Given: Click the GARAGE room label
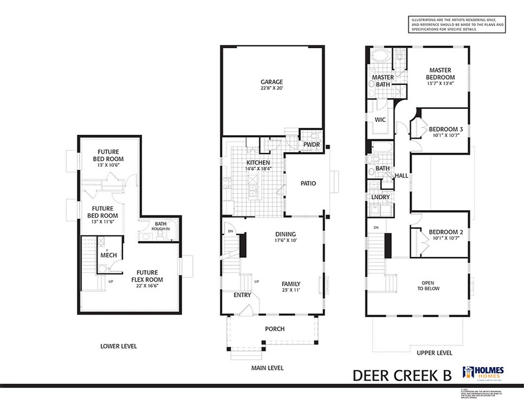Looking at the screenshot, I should (272, 82).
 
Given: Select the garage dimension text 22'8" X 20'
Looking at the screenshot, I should (272, 88).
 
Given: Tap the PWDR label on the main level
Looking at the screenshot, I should (311, 145).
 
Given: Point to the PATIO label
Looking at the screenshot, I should (308, 184).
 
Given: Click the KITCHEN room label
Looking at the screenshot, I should (258, 162).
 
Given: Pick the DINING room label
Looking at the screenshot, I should (285, 234).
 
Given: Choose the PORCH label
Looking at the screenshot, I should (274, 329).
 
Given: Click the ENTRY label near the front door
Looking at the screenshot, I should (242, 295).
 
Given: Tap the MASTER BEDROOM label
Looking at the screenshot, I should (440, 74).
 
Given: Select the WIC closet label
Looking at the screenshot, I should (380, 120).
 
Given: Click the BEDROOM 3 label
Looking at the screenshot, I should (446, 129).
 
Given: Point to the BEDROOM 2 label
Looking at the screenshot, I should (446, 233).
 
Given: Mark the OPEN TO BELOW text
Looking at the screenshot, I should (431, 285).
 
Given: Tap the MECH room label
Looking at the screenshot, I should (108, 255).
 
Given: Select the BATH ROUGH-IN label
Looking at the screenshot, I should (161, 226).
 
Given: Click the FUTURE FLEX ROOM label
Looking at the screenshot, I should (147, 276).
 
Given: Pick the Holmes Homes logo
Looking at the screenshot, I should (483, 373).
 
